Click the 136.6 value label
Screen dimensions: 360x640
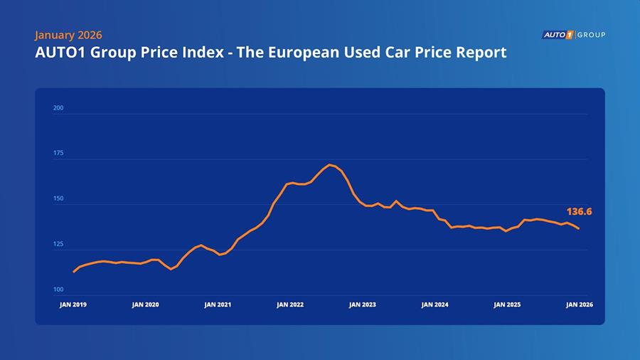click(579, 211)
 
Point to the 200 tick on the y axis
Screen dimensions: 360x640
click(58, 108)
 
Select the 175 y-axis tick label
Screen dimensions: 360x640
click(58, 154)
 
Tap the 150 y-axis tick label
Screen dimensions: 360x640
click(58, 199)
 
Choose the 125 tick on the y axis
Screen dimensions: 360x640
click(58, 244)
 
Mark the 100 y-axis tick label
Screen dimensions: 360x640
click(58, 290)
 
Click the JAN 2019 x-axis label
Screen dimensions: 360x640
click(73, 305)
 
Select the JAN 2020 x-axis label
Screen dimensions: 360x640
click(145, 305)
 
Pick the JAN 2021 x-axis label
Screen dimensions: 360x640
click(218, 305)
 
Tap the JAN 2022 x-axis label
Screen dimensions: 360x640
click(290, 305)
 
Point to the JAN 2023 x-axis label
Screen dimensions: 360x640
click(362, 305)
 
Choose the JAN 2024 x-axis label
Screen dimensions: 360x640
click(434, 305)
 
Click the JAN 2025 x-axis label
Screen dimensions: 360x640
click(507, 305)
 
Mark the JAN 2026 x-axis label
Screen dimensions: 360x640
click(580, 305)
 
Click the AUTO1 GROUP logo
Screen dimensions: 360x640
click(573, 34)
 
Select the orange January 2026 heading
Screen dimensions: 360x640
click(68, 35)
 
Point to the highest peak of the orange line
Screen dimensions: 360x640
click(330, 164)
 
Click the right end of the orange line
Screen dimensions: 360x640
click(579, 228)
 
